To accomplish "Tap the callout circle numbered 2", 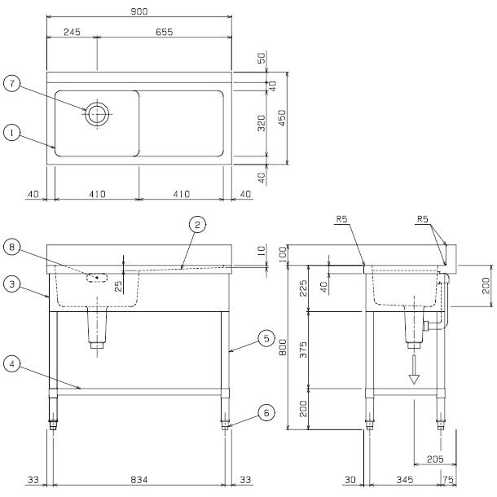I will pos(196,222).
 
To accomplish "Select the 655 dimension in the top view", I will pos(165,33).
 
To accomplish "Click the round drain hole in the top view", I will pos(97,113).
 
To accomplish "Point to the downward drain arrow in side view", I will pos(414,371).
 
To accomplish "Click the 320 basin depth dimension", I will pos(261,124).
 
